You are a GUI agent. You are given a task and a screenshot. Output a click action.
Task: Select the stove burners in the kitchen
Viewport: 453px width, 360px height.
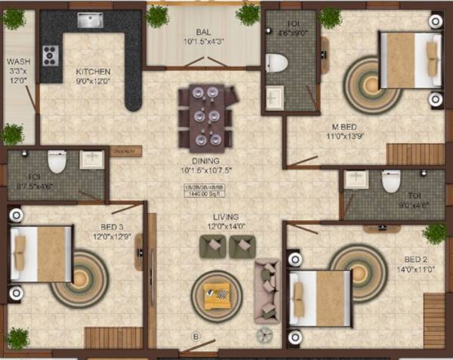point(51,55)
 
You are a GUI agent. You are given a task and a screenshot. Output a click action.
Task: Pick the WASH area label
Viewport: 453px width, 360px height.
point(17,62)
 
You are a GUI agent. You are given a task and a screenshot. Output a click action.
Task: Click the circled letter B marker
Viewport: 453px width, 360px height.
point(196,337)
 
